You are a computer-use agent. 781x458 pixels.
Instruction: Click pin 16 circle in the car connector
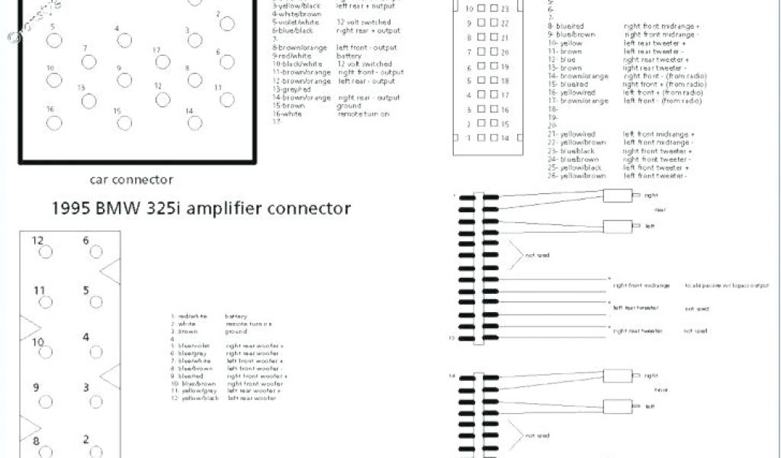(x=52, y=123)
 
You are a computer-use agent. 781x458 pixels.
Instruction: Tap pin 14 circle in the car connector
(x=194, y=123)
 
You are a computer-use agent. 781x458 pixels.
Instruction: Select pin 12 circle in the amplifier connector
(x=46, y=253)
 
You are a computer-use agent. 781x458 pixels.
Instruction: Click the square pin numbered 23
(x=493, y=8)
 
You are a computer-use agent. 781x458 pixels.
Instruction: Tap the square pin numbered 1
(x=482, y=138)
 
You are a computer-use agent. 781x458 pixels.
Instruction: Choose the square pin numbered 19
(x=493, y=67)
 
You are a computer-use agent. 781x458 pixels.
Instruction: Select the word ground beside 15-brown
(x=349, y=106)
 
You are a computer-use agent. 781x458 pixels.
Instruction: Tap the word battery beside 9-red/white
(x=349, y=56)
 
